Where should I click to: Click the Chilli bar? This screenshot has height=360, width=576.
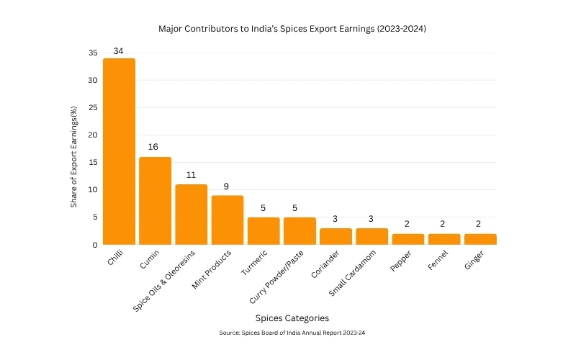[x=119, y=151]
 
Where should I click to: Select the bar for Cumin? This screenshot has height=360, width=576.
[x=155, y=201]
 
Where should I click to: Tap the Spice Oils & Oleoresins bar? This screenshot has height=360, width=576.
[x=191, y=215]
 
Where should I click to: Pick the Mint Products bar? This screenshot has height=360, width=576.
[x=228, y=220]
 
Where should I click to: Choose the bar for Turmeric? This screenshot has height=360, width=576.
[x=264, y=231]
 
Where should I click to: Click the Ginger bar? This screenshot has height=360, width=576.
[x=480, y=239]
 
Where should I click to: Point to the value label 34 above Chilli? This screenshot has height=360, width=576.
[x=119, y=51]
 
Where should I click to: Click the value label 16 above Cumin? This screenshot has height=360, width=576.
[x=153, y=147]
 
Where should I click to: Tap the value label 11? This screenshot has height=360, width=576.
[x=191, y=174]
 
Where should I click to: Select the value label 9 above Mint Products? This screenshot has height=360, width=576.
[x=227, y=186]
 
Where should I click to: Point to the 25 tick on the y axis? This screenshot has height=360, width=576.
[x=93, y=108]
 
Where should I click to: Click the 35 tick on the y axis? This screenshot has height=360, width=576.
[x=93, y=53]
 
